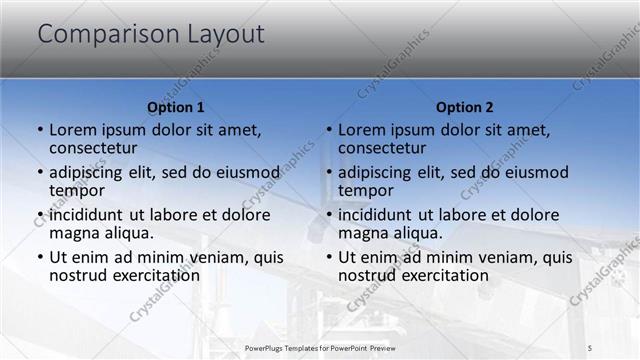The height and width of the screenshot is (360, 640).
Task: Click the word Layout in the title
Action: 225,35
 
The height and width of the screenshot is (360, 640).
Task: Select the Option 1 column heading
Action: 176,107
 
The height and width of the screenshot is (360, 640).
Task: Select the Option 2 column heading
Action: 465,107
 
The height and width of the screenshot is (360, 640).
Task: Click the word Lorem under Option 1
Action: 73,130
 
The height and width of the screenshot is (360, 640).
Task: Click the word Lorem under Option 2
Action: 362,130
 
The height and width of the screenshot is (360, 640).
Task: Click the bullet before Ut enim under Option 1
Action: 40,257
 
